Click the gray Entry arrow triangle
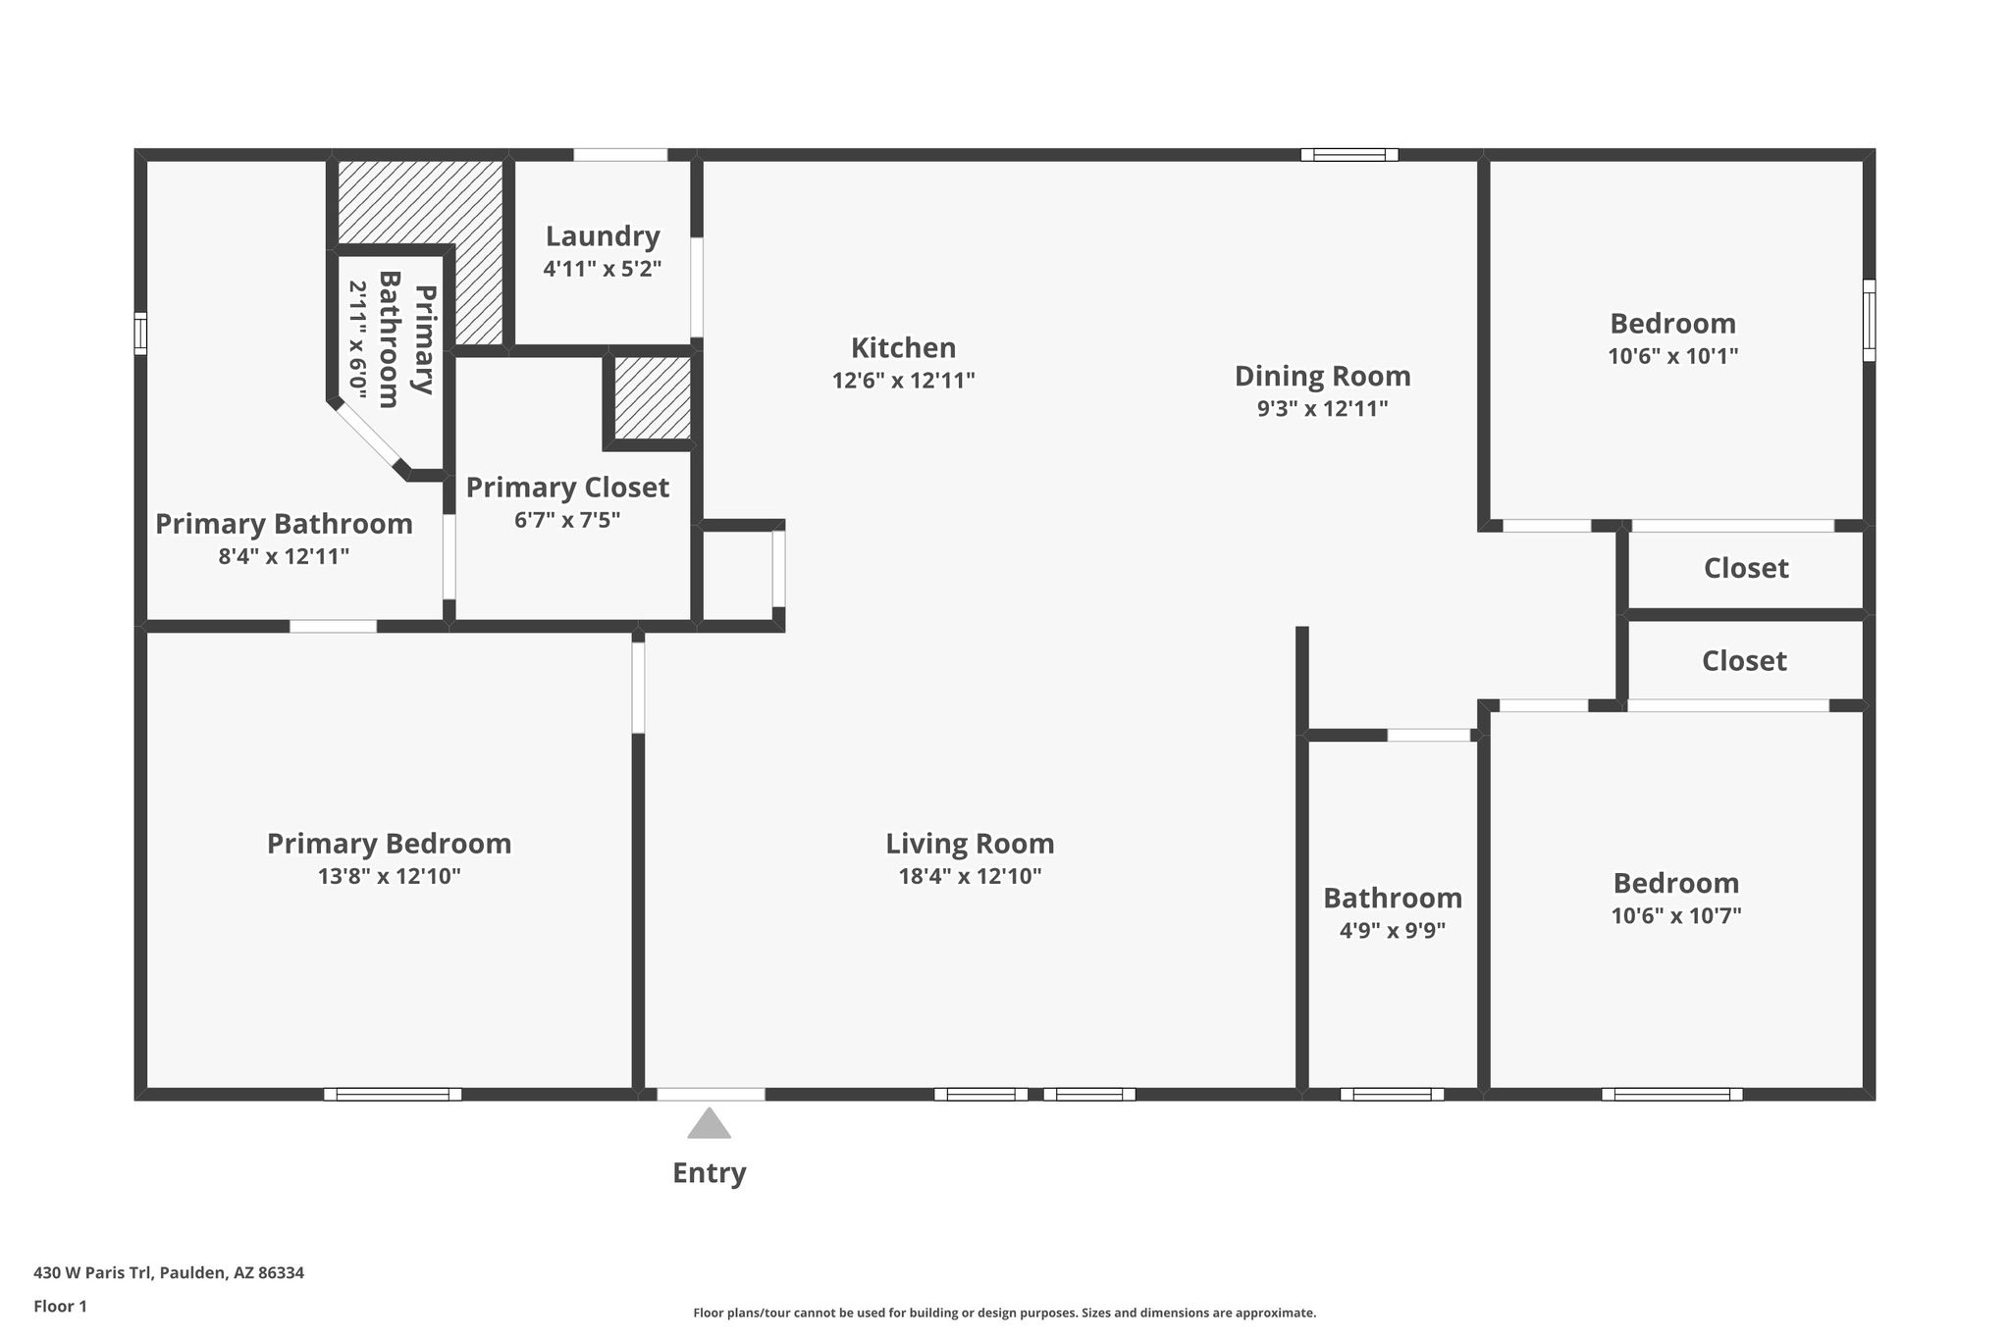pos(709,1124)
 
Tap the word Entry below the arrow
pos(709,1173)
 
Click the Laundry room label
pos(603,236)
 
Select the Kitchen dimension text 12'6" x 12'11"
pos(903,381)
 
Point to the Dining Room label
pos(1322,376)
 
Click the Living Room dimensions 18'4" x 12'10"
pos(970,876)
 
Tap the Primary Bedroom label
pos(389,844)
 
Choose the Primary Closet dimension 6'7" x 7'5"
pos(567,520)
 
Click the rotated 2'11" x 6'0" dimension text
pos(358,340)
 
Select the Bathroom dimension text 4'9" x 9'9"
pos(1393,930)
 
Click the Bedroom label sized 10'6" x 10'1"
pos(1672,323)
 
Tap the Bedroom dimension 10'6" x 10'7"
pos(1676,916)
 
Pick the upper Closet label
pos(1746,568)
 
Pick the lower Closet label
pos(1744,660)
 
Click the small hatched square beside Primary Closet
pos(653,398)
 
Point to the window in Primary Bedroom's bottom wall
pos(393,1094)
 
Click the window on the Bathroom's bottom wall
pos(1392,1094)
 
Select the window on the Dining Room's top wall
pos(1349,154)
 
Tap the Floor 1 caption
pos(60,1307)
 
